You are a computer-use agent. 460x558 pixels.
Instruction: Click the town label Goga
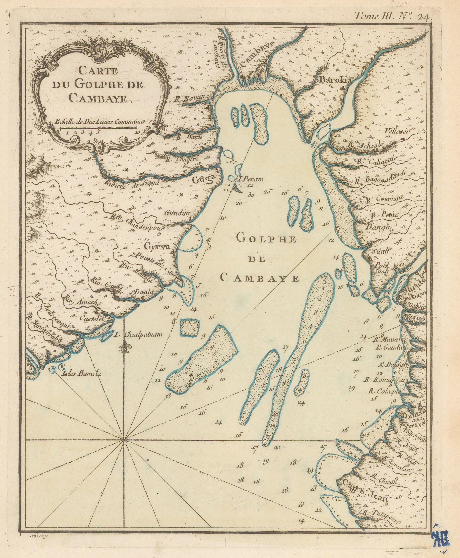tap(202, 179)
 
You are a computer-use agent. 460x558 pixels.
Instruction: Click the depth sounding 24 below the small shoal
tap(302, 403)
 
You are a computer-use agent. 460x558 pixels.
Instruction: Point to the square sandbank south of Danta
tap(189, 328)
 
